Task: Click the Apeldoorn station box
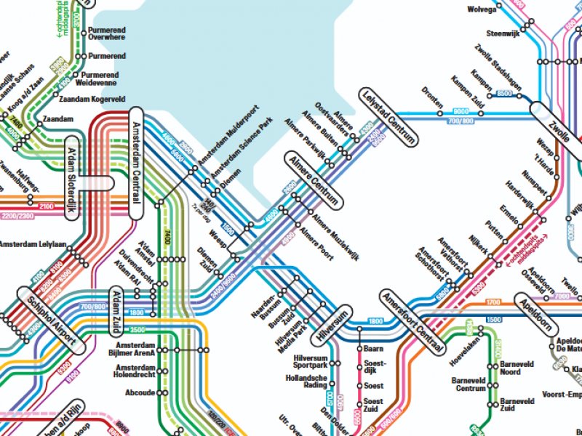pyautogui.click(x=539, y=312)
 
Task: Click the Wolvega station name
pyautogui.click(x=482, y=10)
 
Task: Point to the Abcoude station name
pyautogui.click(x=140, y=392)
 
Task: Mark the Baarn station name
pyautogui.click(x=372, y=350)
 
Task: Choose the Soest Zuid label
pyautogui.click(x=373, y=405)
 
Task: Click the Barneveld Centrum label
pyautogui.click(x=469, y=384)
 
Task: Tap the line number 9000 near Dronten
pyautogui.click(x=461, y=111)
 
